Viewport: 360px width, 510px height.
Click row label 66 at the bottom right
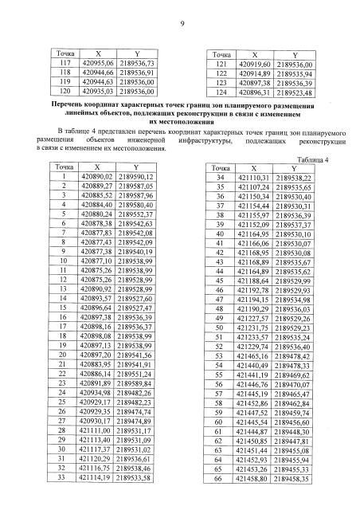coord(218,481)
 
